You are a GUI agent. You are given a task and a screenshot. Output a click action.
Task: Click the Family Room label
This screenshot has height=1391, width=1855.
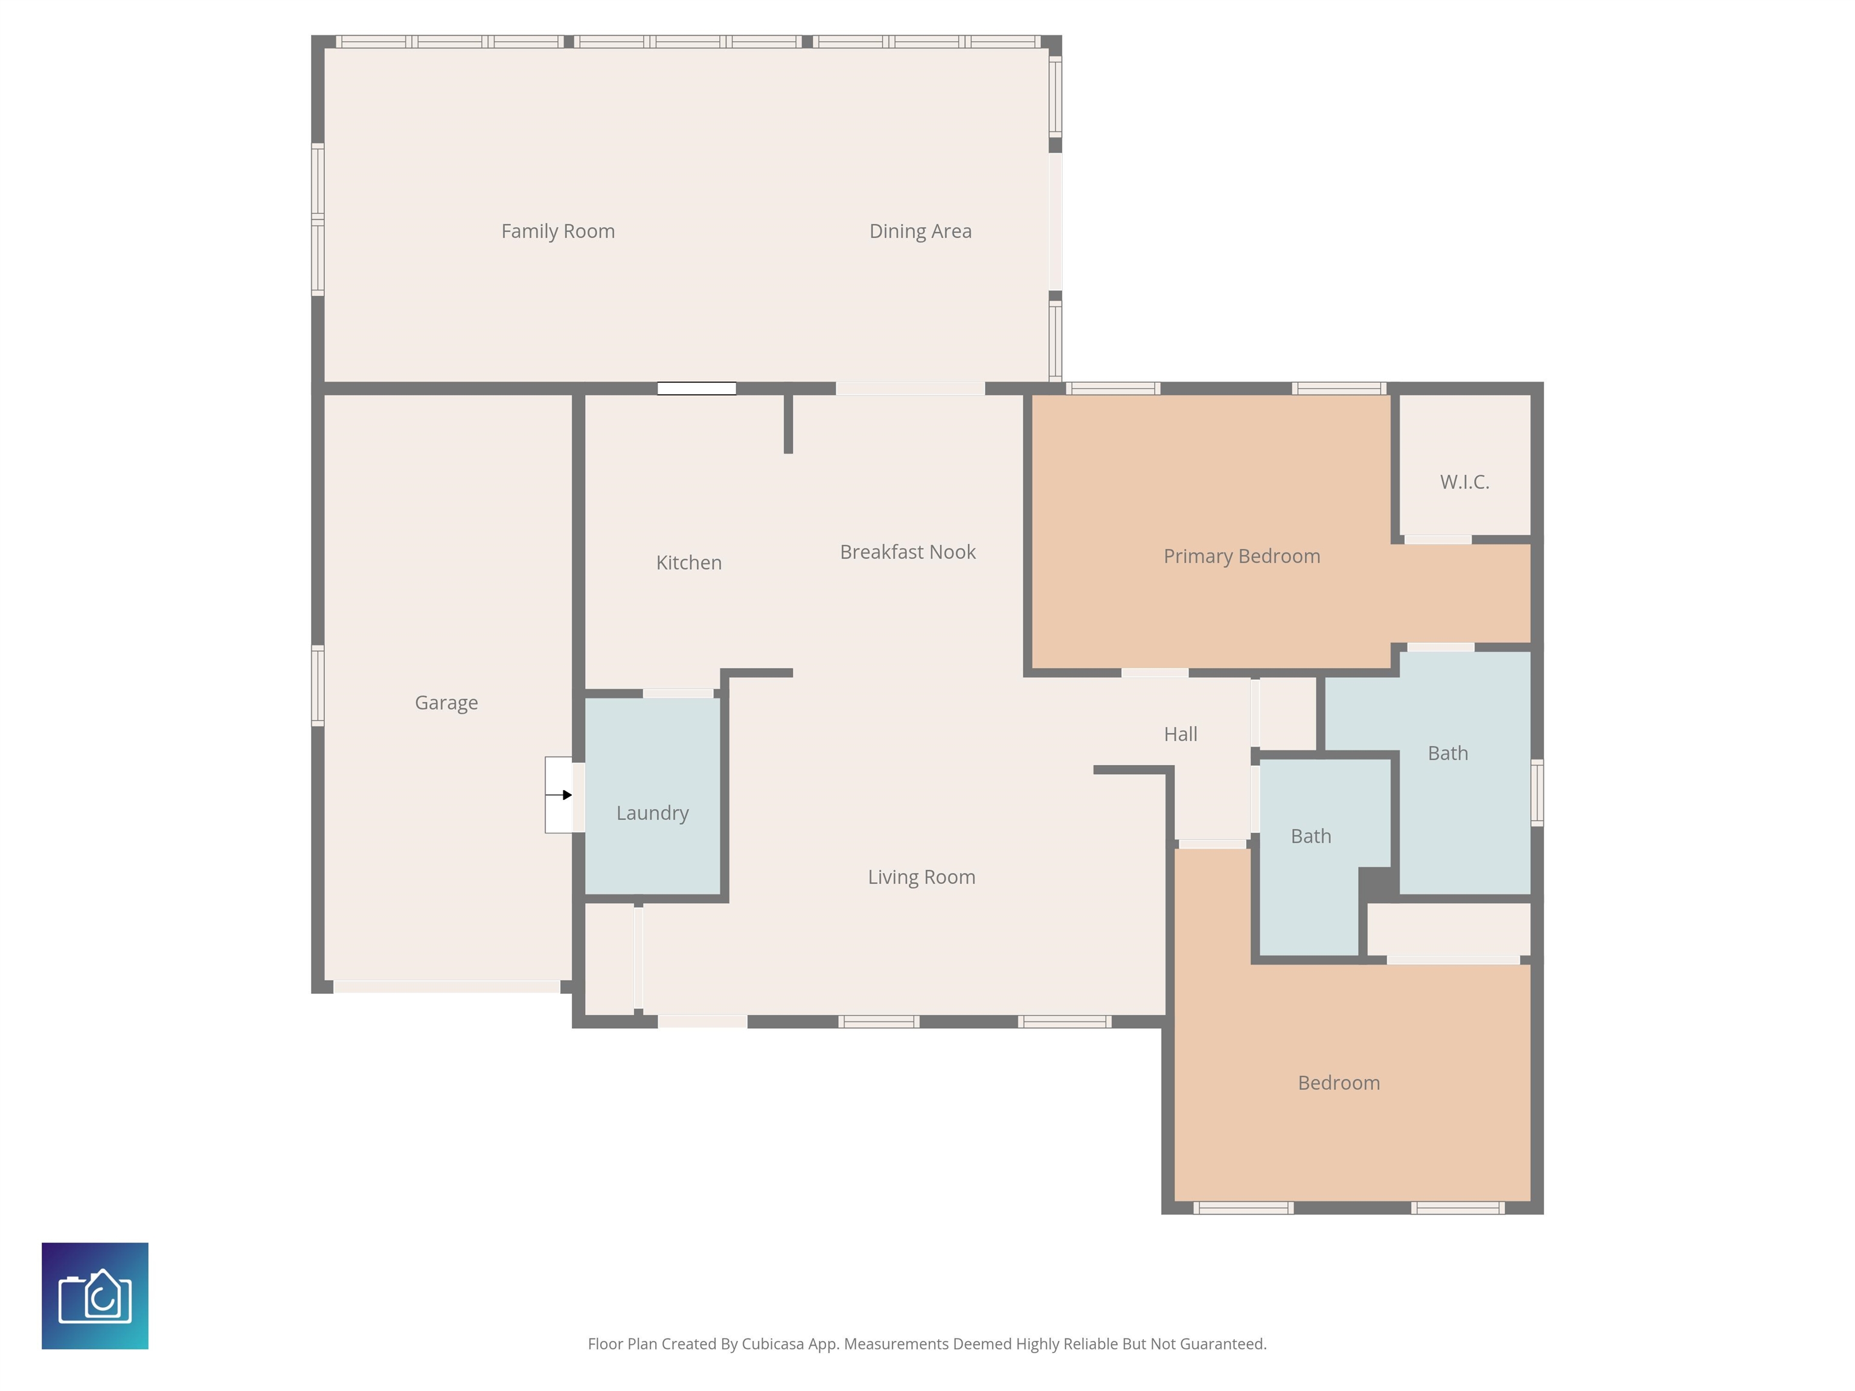(x=558, y=231)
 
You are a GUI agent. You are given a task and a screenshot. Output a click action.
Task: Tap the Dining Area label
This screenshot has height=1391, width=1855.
(x=920, y=231)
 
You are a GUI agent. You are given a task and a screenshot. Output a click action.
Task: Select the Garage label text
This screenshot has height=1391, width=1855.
(x=446, y=703)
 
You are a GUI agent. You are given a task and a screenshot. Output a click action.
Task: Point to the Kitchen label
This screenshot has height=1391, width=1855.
(x=688, y=563)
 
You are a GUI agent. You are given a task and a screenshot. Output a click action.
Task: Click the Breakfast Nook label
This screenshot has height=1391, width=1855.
(x=908, y=552)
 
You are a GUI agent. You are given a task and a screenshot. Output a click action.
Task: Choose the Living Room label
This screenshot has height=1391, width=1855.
(x=921, y=877)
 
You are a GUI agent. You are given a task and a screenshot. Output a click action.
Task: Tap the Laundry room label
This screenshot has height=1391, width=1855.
(x=652, y=813)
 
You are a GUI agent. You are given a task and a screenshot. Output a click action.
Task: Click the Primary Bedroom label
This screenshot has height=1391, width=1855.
(x=1241, y=556)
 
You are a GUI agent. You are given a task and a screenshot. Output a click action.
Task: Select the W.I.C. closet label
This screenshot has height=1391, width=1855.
(x=1464, y=482)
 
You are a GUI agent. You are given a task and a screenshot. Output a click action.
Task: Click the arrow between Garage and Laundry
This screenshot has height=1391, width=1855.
(x=559, y=795)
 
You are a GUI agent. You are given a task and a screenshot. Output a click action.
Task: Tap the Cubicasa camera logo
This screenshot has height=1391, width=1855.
(x=95, y=1296)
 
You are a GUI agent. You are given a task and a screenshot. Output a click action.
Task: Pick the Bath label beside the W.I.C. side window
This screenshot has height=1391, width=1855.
(x=1447, y=753)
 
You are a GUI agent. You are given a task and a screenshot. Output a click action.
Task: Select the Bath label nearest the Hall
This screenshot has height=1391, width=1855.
(x=1311, y=836)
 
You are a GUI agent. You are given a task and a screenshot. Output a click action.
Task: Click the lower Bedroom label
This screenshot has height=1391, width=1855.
(x=1339, y=1082)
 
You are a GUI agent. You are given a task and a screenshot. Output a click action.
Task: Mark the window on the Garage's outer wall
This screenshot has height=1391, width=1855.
(x=318, y=685)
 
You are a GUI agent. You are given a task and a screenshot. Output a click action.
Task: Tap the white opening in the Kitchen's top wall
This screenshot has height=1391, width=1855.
(x=696, y=388)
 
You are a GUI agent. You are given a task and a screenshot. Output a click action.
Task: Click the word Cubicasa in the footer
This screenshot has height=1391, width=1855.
(x=772, y=1344)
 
